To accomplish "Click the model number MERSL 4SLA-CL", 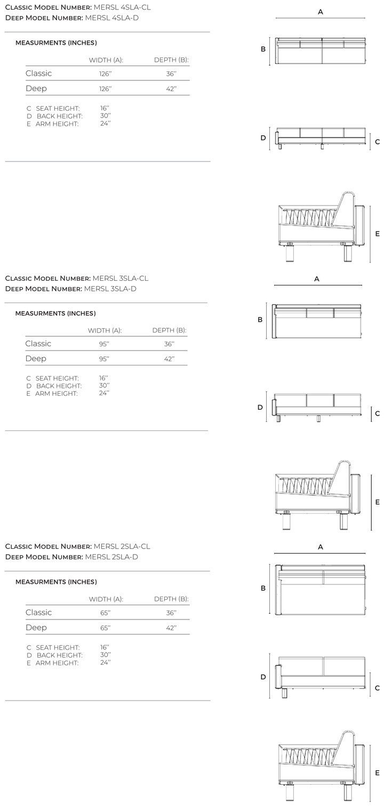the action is click(122, 7).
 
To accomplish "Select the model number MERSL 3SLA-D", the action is click(110, 289).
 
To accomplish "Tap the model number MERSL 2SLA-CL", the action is click(122, 546).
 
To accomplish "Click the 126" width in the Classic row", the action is click(106, 74).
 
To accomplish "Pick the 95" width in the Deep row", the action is click(104, 359).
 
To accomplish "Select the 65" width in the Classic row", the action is click(105, 613).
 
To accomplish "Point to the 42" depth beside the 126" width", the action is click(171, 89).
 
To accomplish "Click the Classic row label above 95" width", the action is click(38, 344).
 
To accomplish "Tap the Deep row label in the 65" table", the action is click(36, 628).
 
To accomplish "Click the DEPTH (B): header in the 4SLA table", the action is click(172, 60).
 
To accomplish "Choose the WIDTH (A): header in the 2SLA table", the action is click(106, 599).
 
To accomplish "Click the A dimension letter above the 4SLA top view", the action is click(320, 12).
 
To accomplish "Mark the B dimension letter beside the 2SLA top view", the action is click(263, 588).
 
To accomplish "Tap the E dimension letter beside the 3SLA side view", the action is click(378, 502).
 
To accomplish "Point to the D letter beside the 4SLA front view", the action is click(263, 138).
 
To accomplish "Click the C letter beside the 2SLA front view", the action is click(378, 688).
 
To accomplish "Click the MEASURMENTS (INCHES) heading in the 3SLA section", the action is click(55, 313).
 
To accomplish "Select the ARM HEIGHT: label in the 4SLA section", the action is click(57, 124).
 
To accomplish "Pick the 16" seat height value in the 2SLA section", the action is click(105, 647).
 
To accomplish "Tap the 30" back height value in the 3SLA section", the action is click(104, 385).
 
